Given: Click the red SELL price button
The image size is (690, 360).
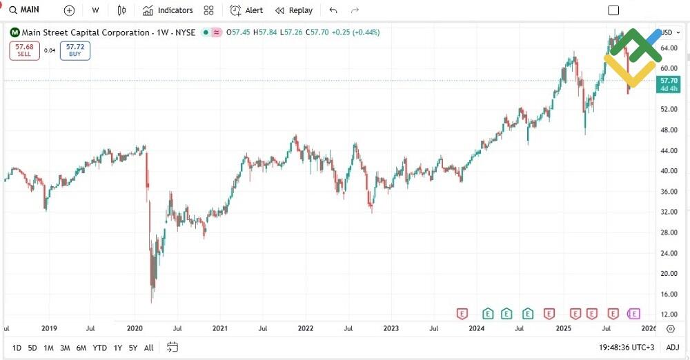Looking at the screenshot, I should [x=24, y=50].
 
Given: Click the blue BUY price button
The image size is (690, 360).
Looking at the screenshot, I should [x=75, y=50].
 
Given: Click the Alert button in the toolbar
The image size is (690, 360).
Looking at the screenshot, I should [x=246, y=10].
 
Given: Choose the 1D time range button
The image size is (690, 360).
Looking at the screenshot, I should [x=17, y=348].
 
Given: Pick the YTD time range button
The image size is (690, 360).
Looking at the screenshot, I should [x=99, y=348].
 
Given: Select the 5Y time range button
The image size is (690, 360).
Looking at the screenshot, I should [x=132, y=348].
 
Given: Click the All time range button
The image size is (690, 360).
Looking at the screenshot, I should [x=148, y=348].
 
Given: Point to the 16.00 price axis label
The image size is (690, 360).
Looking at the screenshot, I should [x=669, y=294].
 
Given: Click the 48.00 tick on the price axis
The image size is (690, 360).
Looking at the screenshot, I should [x=669, y=130].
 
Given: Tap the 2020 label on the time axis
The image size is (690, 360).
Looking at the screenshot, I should [x=135, y=329].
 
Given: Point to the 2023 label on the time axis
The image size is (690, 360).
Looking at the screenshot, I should [x=391, y=329].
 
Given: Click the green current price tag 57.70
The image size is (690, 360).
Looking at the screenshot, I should [x=669, y=84].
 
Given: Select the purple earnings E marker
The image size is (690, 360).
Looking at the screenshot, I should [x=634, y=314].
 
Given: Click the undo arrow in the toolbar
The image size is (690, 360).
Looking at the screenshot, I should [x=333, y=10].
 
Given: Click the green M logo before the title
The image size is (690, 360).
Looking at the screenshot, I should [x=14, y=32].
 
